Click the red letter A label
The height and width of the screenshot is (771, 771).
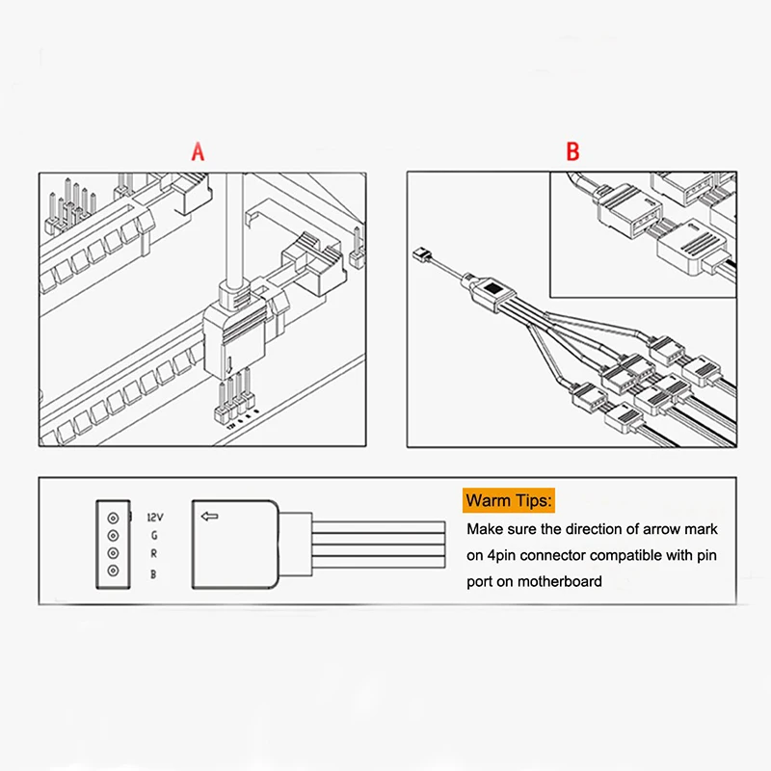199,151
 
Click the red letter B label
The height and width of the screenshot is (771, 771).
572,151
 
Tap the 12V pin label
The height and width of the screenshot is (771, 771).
154,518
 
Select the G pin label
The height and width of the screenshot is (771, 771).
154,536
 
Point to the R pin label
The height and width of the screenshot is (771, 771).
154,554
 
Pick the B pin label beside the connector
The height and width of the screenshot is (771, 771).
154,573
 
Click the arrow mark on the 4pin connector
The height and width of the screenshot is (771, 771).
209,517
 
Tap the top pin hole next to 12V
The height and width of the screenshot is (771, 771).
113,516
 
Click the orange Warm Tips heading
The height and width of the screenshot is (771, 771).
510,500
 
